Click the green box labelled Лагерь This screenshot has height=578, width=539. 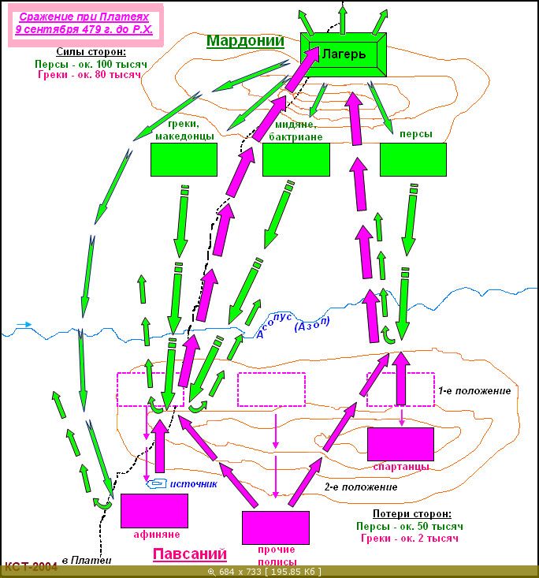click(344, 54)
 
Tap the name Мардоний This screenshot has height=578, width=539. click(245, 40)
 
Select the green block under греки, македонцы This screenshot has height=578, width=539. click(184, 159)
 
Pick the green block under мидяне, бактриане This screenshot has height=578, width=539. click(296, 159)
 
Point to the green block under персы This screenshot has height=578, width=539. click(413, 159)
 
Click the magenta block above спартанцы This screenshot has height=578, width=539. click(400, 444)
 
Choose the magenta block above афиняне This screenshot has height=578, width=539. click(154, 511)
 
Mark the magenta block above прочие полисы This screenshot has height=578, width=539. click(276, 528)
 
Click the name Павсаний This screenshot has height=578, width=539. click(190, 554)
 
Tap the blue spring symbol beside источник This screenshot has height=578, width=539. click(157, 483)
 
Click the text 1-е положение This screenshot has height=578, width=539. click(474, 391)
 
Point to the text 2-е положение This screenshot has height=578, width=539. click(361, 487)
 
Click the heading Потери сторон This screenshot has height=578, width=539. click(412, 513)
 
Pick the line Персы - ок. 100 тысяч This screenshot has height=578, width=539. click(91, 64)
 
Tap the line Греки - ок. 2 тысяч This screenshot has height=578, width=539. click(410, 539)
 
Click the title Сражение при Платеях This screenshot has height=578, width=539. click(84, 17)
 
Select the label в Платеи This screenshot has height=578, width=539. click(87, 561)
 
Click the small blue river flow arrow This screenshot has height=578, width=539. click(24, 324)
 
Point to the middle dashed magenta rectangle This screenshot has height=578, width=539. click(272, 390)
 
